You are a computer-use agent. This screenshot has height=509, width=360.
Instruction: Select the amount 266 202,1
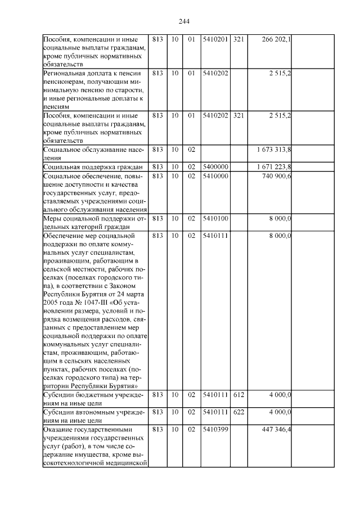277,40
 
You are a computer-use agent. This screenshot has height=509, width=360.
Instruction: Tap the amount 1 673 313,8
273,150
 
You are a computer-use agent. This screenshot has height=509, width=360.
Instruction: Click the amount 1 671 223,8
273,166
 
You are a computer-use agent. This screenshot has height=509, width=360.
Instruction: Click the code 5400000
215,166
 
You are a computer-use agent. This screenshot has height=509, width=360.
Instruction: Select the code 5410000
215,177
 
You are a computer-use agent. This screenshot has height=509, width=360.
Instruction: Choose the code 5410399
215,430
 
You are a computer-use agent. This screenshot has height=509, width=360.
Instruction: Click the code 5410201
215,40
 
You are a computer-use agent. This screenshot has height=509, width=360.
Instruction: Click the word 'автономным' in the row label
91,412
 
